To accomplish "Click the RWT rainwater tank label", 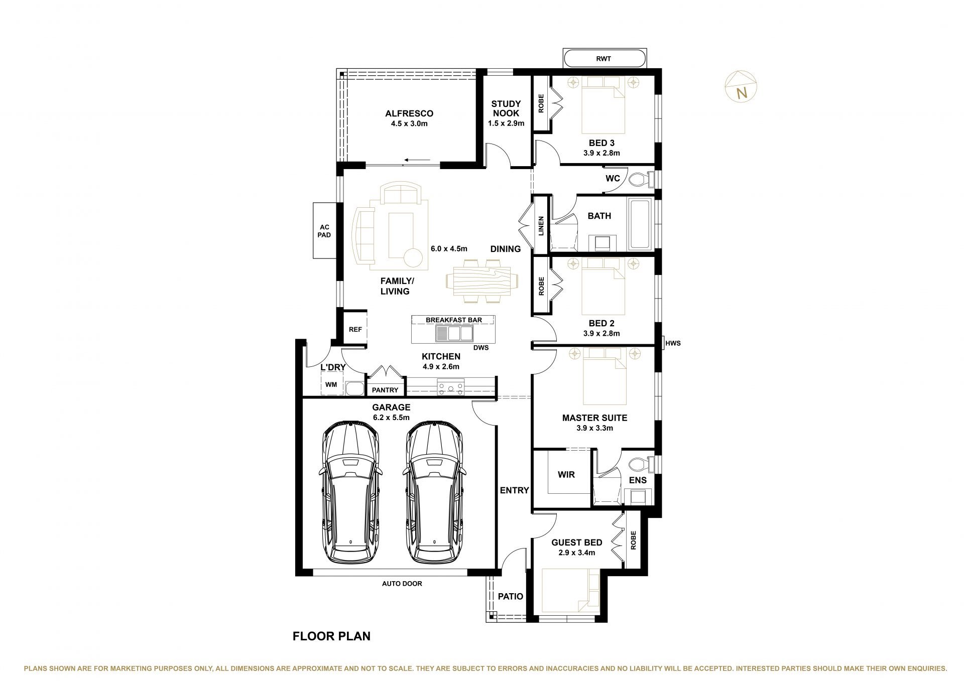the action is [604, 59].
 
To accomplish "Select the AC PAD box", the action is [325, 230].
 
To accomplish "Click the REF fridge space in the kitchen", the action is [355, 330].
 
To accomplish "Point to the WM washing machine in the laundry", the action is [331, 384].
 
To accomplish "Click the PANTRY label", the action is [385, 390].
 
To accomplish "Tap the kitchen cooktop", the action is [451, 387].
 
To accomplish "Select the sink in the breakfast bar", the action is [454, 333].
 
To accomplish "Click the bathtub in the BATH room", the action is [640, 224].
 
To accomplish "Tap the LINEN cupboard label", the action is [541, 225].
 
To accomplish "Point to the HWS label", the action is [673, 343].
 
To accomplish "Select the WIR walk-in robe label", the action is [566, 474].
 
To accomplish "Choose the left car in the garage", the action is [349, 492].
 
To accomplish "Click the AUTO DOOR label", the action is [402, 584].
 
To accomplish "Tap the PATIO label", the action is [511, 596].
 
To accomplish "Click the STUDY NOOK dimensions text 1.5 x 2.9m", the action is [506, 123].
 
